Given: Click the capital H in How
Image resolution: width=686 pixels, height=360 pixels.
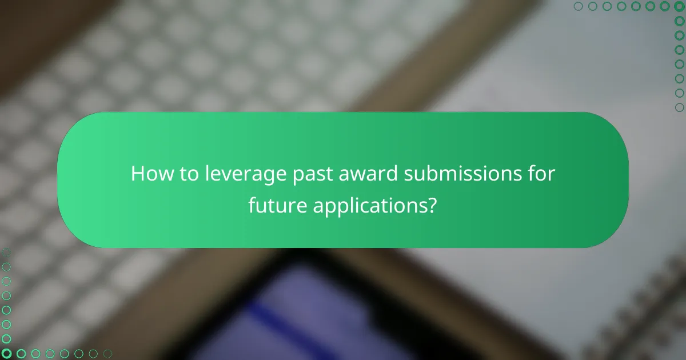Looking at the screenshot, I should click(x=138, y=174).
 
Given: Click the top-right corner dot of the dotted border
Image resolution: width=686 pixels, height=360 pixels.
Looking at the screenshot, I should click(x=679, y=6).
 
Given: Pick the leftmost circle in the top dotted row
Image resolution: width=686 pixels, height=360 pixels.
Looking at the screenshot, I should click(x=578, y=6).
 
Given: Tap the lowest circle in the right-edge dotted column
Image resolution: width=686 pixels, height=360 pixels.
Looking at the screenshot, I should click(x=679, y=107).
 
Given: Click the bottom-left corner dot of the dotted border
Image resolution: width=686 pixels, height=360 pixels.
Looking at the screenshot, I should click(x=6, y=354).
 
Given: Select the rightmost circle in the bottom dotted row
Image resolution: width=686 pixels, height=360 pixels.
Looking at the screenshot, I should click(x=107, y=354).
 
